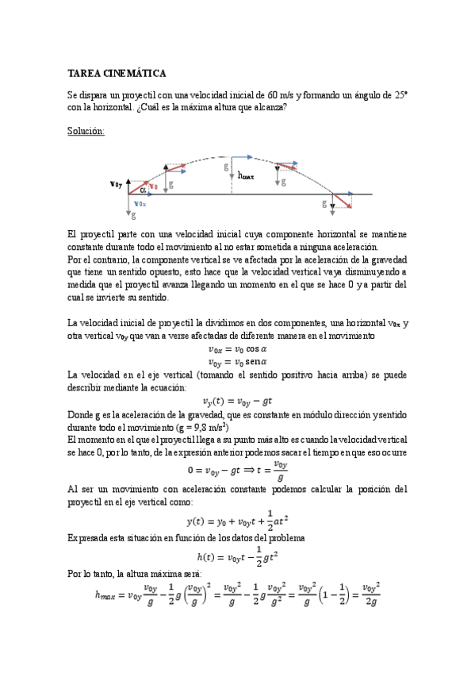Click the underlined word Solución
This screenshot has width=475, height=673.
[86, 131]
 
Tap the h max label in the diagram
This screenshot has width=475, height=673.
[246, 177]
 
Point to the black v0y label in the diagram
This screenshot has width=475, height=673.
[117, 185]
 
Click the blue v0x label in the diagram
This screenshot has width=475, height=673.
[140, 203]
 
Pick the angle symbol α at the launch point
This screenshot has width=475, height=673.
[143, 190]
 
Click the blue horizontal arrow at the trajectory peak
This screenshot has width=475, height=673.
[239, 157]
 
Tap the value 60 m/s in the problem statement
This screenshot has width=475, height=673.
[284, 94]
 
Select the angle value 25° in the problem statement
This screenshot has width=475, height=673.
[400, 94]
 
